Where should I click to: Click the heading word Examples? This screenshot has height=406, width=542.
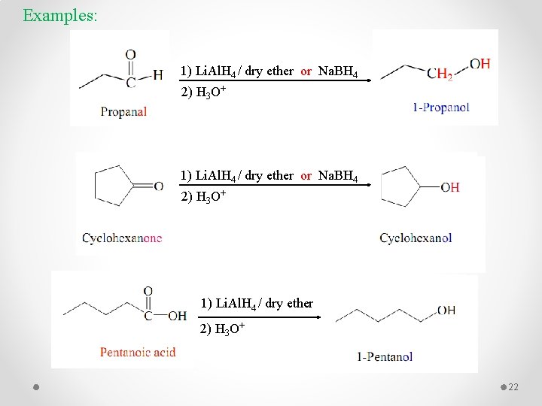[59, 15]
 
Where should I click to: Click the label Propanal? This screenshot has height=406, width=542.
[123, 112]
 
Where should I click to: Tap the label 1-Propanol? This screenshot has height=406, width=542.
[440, 108]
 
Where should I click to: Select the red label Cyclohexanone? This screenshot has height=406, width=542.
[122, 238]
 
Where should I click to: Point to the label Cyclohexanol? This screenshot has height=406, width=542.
[416, 238]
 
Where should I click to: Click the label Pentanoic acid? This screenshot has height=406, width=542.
[138, 352]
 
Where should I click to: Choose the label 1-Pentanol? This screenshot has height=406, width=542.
[385, 356]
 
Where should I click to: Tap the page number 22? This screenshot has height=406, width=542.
[514, 387]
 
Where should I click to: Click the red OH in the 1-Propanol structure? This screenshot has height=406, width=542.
[480, 64]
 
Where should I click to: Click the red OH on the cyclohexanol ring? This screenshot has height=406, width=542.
[450, 187]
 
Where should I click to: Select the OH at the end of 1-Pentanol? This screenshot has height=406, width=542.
[446, 311]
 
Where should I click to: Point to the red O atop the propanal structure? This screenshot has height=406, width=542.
[130, 55]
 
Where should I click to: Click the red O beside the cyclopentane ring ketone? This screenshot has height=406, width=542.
[159, 186]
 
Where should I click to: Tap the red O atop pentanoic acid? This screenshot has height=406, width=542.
[148, 291]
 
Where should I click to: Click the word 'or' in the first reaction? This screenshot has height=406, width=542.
[306, 71]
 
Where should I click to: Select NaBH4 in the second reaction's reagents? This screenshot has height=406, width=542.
[338, 176]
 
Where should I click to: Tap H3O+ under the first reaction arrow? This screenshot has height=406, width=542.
[204, 93]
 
